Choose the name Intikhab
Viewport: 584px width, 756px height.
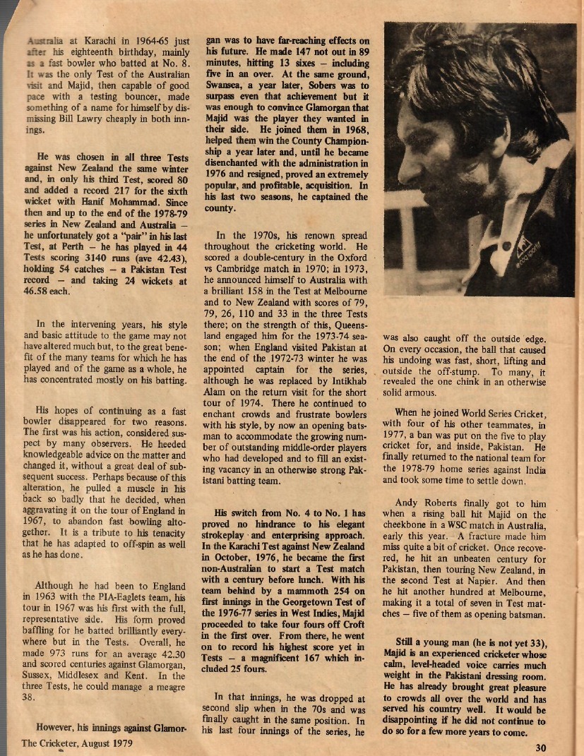[351, 394]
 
